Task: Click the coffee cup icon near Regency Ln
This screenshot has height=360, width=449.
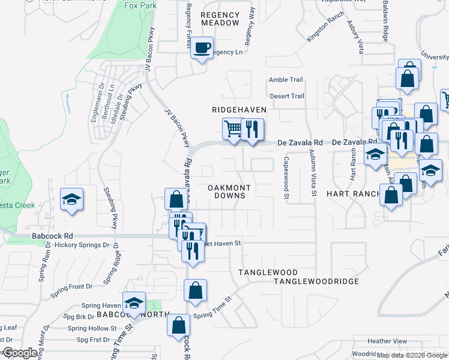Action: [x=202, y=47]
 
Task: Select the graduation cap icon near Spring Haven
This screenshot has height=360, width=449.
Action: [x=134, y=303]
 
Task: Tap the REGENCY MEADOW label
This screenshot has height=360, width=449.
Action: [x=220, y=19]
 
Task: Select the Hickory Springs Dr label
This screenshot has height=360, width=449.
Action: [x=82, y=245]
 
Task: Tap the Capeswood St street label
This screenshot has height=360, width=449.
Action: [x=286, y=178]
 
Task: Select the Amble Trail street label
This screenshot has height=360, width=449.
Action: [x=286, y=80]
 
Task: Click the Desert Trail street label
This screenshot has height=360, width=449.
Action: [x=287, y=96]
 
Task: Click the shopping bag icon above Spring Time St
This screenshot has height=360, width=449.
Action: [x=196, y=291]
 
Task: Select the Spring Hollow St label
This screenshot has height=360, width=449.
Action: [x=92, y=328]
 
